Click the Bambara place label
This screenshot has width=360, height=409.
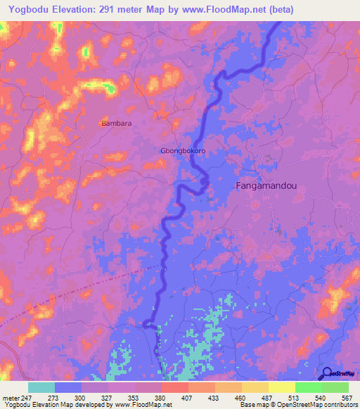(x=117, y=123)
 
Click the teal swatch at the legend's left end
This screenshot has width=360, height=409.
(x=41, y=387)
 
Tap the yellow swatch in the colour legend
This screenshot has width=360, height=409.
(x=282, y=387)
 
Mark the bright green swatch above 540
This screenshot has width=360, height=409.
(x=309, y=387)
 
